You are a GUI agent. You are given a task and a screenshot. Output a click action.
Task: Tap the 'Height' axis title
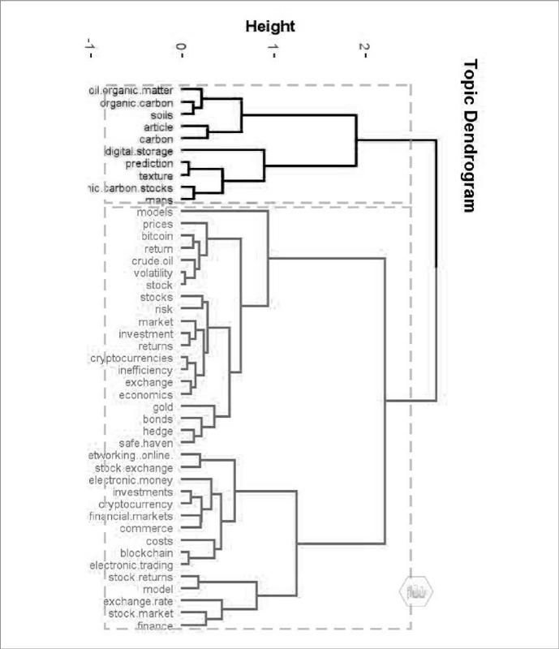coord(270,26)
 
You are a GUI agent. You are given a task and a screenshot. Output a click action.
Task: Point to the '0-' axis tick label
coord(181,52)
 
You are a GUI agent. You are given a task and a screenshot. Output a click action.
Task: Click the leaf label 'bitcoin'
coord(157,236)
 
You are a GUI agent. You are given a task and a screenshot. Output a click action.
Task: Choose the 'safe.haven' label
coord(145,443)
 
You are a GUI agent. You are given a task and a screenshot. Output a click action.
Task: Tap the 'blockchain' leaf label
coord(146,553)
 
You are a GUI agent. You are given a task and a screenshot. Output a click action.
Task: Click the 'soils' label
coord(161,115)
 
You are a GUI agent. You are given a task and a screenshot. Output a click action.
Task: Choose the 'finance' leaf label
coord(154,626)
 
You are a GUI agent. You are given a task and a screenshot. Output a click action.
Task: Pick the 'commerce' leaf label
coord(145,528)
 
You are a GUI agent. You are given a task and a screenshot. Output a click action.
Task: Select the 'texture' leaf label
coord(155,176)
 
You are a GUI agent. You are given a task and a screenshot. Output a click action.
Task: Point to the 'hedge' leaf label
coord(157,431)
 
